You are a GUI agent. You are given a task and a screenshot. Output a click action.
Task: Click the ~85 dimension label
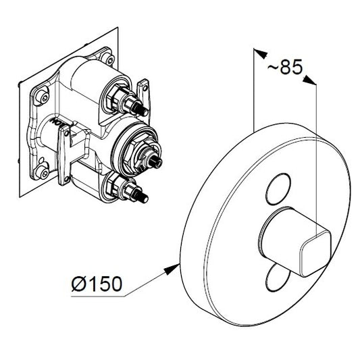point(285,67)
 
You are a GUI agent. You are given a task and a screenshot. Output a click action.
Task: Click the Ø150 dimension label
point(97,284)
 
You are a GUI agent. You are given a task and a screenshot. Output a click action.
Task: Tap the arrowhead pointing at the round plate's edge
point(172,269)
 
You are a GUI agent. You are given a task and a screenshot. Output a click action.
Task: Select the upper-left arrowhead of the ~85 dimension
point(261,53)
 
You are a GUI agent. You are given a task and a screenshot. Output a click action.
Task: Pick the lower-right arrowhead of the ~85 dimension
point(310,80)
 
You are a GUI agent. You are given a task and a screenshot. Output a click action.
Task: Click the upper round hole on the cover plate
point(278,188)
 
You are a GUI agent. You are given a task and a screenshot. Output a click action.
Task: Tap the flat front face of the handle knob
point(315,254)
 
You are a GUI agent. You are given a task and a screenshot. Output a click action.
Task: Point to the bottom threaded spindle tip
point(143,197)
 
